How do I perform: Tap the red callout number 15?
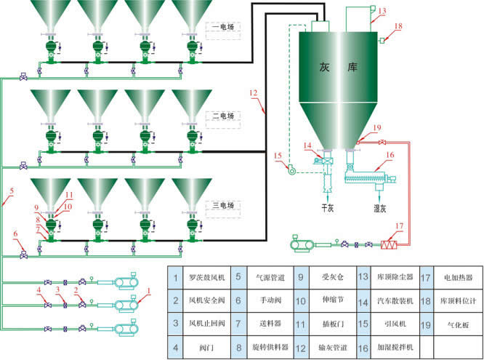277,156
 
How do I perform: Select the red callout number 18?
398,27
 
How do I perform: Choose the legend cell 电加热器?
456,277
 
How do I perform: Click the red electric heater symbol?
392,245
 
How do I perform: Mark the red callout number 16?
390,155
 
